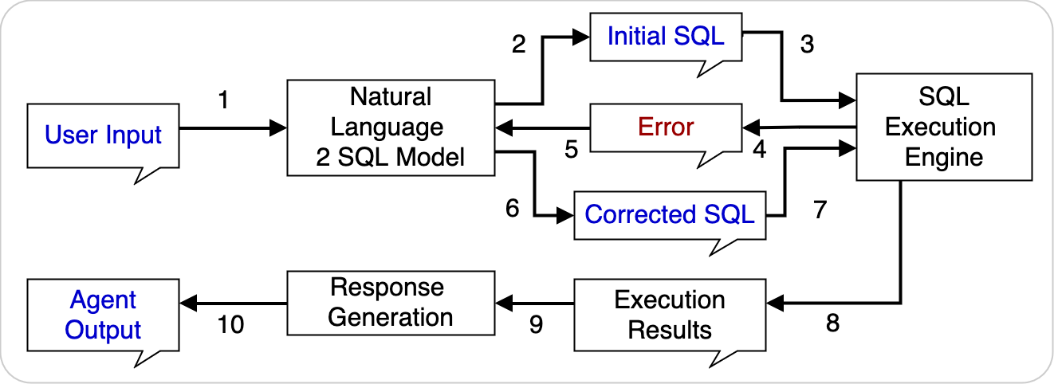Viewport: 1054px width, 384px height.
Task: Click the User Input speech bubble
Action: (104, 135)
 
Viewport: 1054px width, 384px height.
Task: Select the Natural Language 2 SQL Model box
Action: (391, 127)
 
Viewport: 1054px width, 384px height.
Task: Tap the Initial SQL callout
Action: (666, 37)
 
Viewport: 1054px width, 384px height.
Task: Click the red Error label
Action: (666, 127)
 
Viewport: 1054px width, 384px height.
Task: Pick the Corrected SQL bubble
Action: (670, 215)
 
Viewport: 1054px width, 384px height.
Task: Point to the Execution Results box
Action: (670, 315)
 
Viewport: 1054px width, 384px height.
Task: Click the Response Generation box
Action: (391, 302)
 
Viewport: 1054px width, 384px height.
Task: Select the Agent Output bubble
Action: (104, 315)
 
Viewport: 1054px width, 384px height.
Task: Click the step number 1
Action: (223, 100)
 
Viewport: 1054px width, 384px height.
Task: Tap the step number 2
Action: (519, 45)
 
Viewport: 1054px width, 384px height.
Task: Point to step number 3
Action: (807, 45)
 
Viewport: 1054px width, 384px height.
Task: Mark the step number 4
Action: (759, 150)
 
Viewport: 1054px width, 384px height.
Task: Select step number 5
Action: (571, 150)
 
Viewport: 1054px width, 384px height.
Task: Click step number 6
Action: (512, 208)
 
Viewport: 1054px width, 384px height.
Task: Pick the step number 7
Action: (820, 210)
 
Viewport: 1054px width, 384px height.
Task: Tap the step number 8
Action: (832, 325)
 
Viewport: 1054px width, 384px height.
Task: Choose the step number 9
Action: (536, 325)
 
